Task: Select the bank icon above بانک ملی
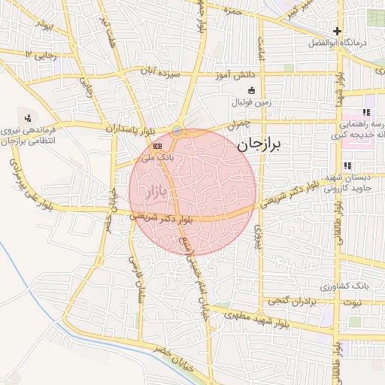[x=157, y=146]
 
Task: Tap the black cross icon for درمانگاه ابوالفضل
[x=338, y=32]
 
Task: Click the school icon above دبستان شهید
[x=347, y=165]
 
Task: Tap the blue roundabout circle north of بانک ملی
[x=177, y=132]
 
